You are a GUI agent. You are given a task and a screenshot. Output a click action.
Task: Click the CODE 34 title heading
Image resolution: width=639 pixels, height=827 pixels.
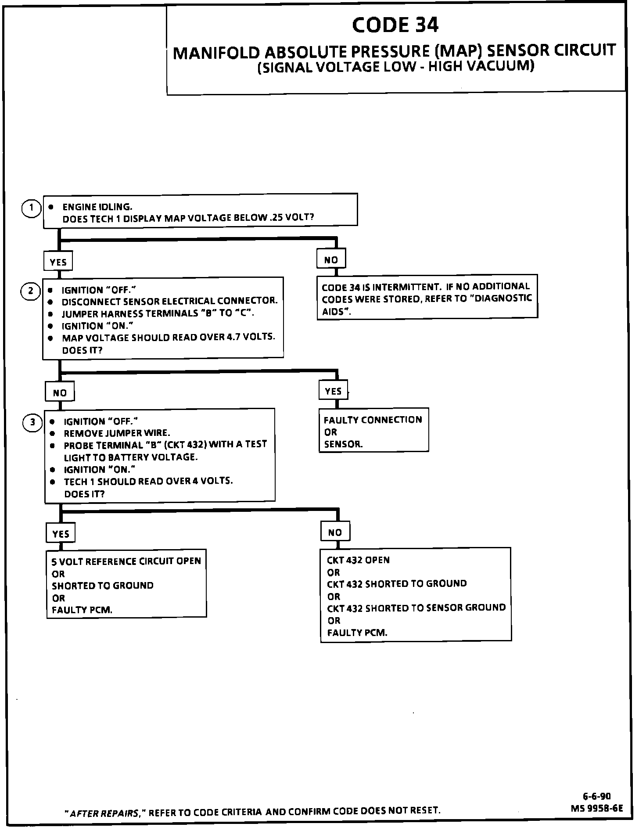(x=395, y=25)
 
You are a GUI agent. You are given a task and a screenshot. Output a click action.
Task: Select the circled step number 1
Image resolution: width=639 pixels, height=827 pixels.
(x=31, y=208)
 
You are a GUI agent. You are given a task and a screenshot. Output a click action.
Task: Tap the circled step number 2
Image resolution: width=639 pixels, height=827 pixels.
(x=31, y=291)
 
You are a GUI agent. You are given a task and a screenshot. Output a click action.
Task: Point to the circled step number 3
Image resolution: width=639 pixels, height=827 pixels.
(x=32, y=423)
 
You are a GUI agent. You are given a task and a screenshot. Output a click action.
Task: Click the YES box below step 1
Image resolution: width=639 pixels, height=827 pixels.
(x=58, y=262)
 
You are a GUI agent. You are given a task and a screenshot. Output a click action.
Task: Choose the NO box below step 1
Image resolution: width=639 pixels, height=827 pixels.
(x=331, y=259)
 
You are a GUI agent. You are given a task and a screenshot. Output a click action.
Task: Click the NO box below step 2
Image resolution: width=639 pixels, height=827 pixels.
(x=60, y=392)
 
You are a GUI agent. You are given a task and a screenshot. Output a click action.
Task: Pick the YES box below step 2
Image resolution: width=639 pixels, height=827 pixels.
(x=333, y=391)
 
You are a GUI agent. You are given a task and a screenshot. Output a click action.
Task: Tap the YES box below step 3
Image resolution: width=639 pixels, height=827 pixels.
(x=61, y=534)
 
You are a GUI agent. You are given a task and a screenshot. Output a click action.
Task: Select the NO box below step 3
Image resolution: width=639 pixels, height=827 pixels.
(x=335, y=532)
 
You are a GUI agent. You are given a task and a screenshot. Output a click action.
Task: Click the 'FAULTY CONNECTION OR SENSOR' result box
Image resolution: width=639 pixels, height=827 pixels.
(x=373, y=431)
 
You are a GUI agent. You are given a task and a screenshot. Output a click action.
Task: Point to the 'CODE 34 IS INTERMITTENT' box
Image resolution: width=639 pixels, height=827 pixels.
(x=427, y=298)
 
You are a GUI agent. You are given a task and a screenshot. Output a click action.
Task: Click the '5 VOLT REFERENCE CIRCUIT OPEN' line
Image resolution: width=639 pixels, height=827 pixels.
(x=126, y=561)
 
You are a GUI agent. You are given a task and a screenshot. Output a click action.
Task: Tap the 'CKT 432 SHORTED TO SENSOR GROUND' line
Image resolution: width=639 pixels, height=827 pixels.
(x=416, y=608)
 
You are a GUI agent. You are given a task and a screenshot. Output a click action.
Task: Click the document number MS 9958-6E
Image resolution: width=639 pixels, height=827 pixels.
(x=596, y=808)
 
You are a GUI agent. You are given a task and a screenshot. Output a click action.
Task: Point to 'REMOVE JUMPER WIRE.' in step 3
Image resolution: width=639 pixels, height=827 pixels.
(x=117, y=433)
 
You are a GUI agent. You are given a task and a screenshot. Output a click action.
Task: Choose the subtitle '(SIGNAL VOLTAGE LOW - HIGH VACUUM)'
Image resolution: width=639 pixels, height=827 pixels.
(x=395, y=67)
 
